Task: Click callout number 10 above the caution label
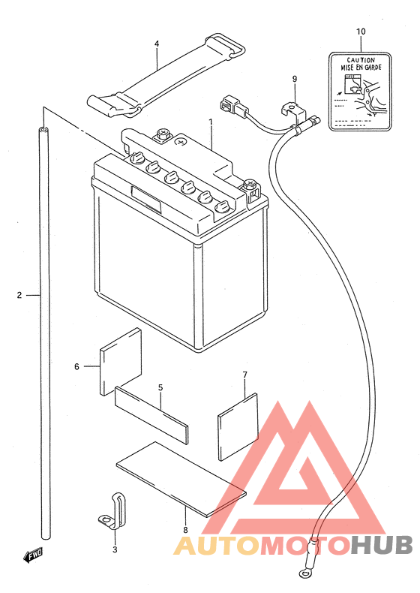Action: coord(361,32)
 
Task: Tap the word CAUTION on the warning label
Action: coord(361,60)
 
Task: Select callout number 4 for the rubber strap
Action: coord(157,44)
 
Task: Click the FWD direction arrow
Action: coord(33,555)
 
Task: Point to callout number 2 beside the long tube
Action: coord(19,295)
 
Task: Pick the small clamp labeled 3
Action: coord(113,510)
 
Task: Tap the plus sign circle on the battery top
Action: coord(181,142)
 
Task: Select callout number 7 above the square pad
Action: coord(245,375)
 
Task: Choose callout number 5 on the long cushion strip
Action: coord(160,387)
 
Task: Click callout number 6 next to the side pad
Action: coord(76,366)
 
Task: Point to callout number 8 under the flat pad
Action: coord(185,530)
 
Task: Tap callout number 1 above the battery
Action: coord(211,122)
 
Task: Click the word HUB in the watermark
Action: coord(382,546)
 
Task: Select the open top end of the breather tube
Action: coord(44,130)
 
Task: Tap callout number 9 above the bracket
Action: coord(295,79)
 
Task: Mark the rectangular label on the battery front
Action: coord(146,199)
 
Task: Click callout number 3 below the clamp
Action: coord(115,549)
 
